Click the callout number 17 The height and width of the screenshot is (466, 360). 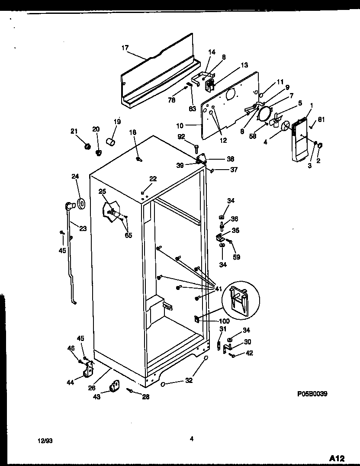(x=125, y=48)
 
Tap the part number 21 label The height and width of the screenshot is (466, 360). (x=74, y=131)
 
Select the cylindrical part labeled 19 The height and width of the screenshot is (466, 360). (x=111, y=142)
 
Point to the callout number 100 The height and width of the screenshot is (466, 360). (x=224, y=321)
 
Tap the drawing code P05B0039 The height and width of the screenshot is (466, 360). (x=312, y=394)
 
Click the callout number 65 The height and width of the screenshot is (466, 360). (x=128, y=235)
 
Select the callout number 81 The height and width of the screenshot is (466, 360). (x=321, y=120)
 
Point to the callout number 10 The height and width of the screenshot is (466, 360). (x=180, y=126)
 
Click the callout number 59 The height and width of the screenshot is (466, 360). (x=236, y=257)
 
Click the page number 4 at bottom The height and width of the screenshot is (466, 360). (x=191, y=439)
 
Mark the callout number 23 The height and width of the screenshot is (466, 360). (x=83, y=228)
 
